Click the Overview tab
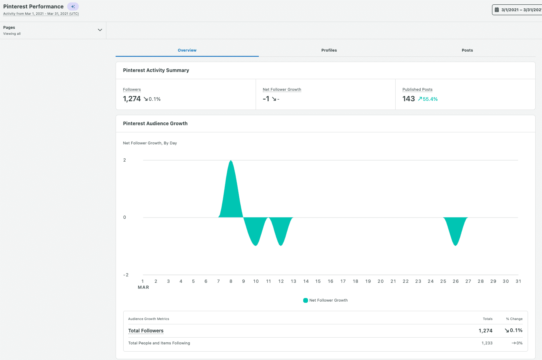(187, 50)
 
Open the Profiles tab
(329, 50)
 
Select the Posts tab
(467, 50)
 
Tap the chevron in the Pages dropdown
(100, 30)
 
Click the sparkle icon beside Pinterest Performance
(73, 6)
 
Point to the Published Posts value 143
(408, 99)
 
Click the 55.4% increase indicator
(428, 99)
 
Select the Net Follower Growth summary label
(282, 90)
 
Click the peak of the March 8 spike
(231, 161)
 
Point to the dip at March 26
(456, 244)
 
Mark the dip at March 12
(281, 244)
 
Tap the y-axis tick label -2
(126, 275)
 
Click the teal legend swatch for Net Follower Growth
(306, 300)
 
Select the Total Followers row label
(146, 331)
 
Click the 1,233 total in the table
(487, 343)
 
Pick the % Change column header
(514, 319)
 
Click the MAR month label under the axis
(143, 287)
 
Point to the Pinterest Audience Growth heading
(155, 124)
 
